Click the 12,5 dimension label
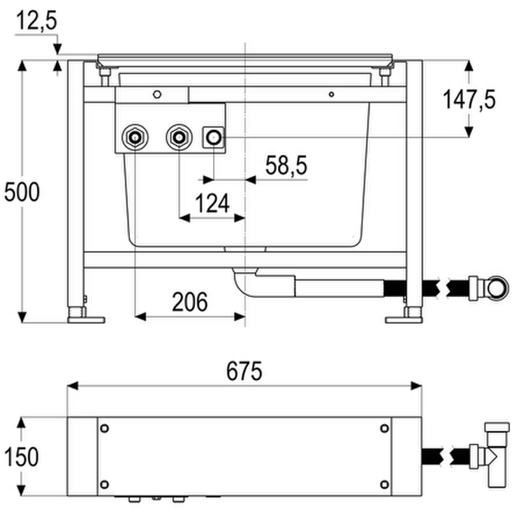(x=37, y=21)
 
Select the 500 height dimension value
(x=22, y=192)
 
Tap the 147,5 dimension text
(x=469, y=100)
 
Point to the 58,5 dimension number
(x=286, y=165)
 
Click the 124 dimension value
(x=212, y=203)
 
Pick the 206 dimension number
(x=190, y=302)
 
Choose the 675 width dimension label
(x=244, y=371)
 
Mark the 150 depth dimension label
(x=21, y=457)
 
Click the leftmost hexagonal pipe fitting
(x=135, y=137)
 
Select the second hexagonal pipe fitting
(x=179, y=137)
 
